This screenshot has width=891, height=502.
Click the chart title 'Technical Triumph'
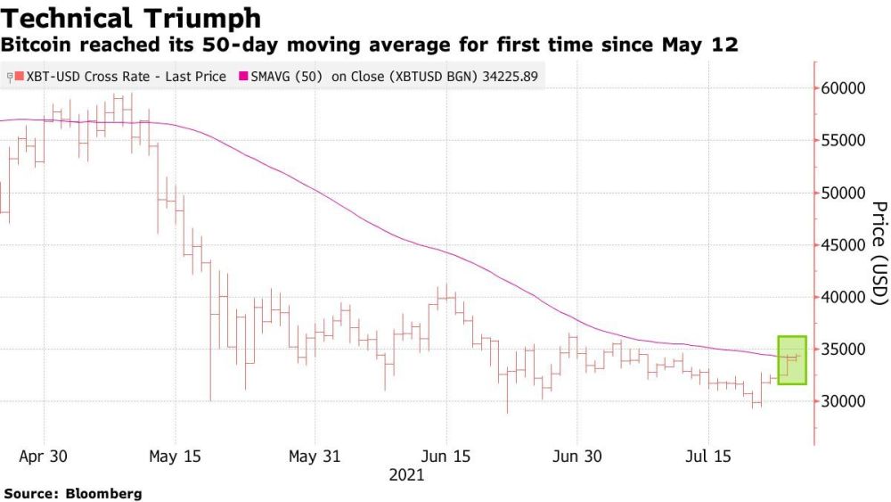pyautogui.click(x=133, y=18)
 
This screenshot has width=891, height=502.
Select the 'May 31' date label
pyautogui.click(x=315, y=456)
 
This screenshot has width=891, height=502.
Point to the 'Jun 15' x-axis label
pyautogui.click(x=445, y=456)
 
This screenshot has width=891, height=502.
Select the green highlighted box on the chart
pyautogui.click(x=792, y=359)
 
